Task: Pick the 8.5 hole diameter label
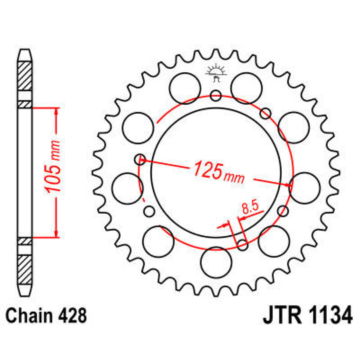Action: click(250, 208)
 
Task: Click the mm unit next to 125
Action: click(234, 178)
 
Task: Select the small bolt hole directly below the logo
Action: click(216, 96)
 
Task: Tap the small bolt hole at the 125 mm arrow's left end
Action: click(140, 159)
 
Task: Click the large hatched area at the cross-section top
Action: click(25, 76)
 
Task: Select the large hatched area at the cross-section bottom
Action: click(25, 270)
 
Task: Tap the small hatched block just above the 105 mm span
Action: click(25, 104)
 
